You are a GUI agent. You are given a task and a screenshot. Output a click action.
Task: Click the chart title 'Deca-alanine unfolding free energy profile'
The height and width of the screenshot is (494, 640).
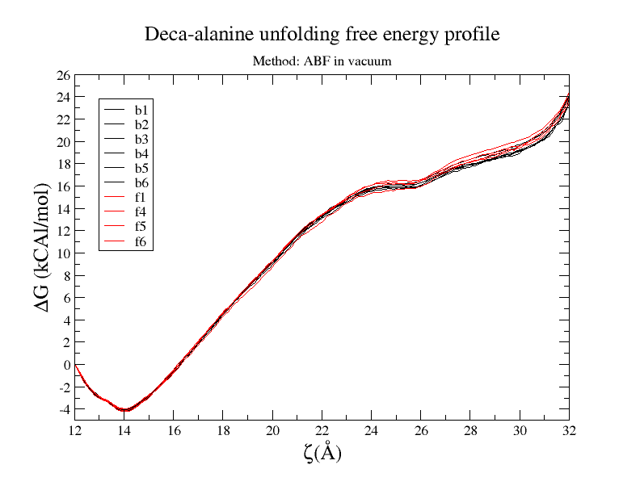(x=322, y=35)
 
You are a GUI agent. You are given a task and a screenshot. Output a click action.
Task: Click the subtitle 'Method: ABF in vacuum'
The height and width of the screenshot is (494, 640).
(x=322, y=61)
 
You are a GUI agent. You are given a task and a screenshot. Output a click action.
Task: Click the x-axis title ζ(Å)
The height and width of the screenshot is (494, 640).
(x=322, y=453)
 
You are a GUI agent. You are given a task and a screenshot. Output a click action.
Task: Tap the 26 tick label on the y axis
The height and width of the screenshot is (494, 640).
(x=63, y=75)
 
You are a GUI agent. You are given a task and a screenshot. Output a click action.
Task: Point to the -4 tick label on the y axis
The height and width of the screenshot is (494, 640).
(x=63, y=409)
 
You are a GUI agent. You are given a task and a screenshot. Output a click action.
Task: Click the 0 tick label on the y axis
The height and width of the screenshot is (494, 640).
(x=66, y=365)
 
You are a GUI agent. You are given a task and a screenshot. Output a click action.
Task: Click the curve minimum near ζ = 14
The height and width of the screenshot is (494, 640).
(x=124, y=410)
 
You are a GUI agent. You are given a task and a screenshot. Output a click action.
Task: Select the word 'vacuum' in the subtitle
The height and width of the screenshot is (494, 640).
(x=371, y=61)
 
